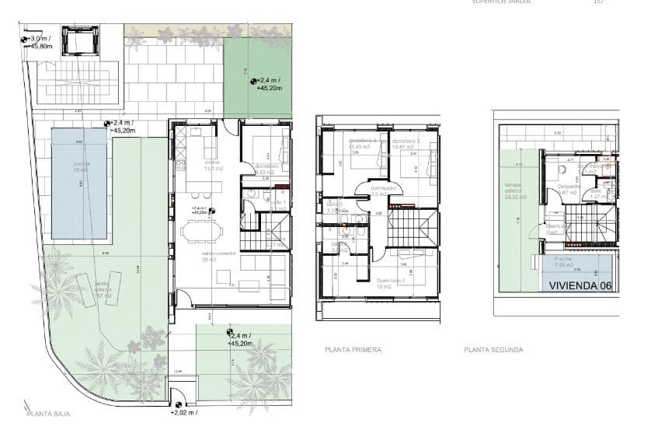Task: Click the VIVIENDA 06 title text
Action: [x=580, y=285]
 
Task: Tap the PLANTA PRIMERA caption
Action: [x=353, y=350]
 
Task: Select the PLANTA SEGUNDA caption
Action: [x=493, y=350]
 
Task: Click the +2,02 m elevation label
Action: [x=183, y=412]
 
